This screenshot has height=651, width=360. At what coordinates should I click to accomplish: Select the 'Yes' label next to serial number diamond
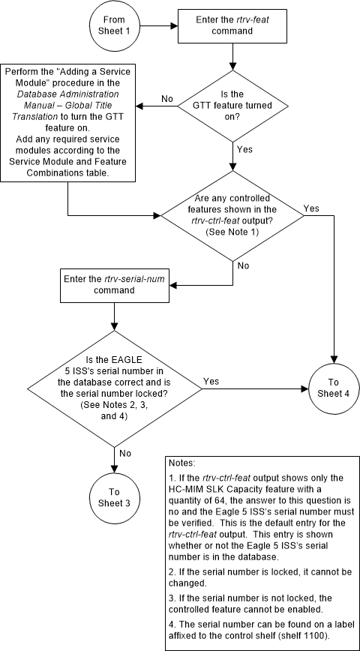(211, 382)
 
